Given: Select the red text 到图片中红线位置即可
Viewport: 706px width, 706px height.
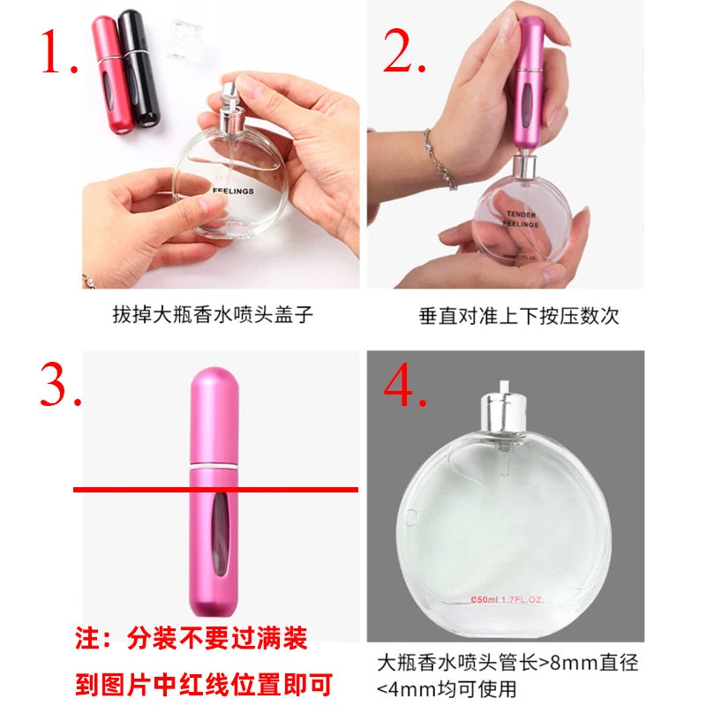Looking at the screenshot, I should coord(203,681).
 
